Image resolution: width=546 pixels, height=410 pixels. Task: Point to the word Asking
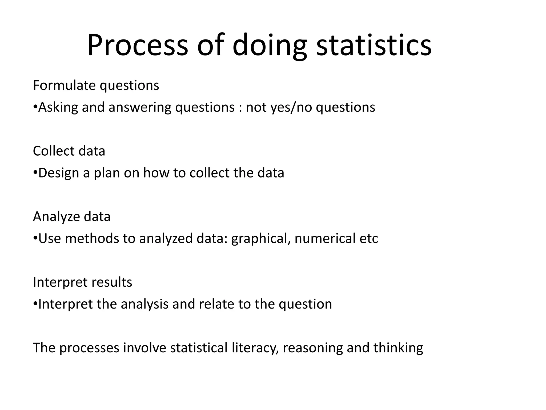click(x=58, y=108)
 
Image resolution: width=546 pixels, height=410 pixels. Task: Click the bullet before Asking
click(x=35, y=107)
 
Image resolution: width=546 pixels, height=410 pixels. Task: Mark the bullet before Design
click(x=35, y=173)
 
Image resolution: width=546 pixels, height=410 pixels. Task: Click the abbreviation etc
click(x=369, y=239)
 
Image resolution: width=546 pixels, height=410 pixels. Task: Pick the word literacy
click(x=255, y=348)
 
